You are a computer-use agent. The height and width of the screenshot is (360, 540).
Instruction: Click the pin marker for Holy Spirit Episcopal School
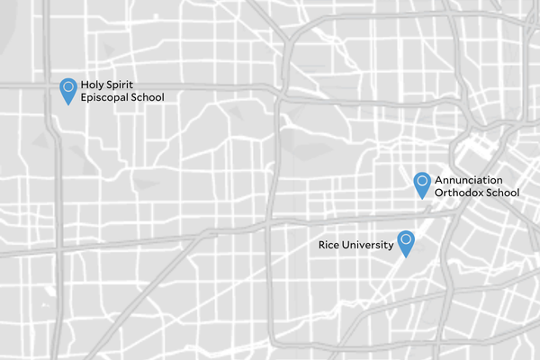coord(67,90)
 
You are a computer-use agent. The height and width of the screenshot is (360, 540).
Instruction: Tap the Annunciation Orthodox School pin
coord(421,183)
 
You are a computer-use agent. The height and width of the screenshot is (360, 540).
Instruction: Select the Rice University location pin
coord(406,243)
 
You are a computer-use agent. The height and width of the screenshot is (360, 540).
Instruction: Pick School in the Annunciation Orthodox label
coord(503,193)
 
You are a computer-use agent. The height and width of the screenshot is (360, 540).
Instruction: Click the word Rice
coord(329,245)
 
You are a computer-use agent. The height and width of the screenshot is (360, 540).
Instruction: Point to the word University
coord(369,245)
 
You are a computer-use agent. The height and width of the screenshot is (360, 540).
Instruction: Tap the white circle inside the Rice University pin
coord(406,239)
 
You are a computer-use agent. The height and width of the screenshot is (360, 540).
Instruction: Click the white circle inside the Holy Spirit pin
coord(67,86)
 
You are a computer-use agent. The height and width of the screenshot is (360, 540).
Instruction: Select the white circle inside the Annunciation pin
coord(421,179)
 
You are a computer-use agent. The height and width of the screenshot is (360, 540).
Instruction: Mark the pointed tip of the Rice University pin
coord(406,258)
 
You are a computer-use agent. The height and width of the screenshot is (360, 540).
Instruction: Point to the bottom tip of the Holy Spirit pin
coord(67,105)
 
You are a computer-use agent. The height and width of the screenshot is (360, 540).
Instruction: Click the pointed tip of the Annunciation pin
coord(421,198)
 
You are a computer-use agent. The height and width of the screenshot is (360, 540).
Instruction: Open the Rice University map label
coord(356,245)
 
